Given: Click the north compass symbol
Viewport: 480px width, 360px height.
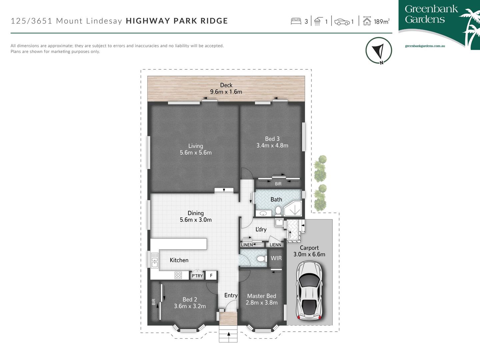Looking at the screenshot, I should click(379, 51).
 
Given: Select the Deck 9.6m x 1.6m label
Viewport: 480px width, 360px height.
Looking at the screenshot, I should click(226, 89).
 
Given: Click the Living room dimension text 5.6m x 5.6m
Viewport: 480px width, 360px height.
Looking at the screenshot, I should click(196, 153).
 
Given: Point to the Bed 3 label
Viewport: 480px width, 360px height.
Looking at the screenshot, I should click(272, 139).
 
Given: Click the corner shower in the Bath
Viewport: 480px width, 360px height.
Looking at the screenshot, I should click(293, 209).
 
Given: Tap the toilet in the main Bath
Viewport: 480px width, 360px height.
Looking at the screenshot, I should click(278, 211).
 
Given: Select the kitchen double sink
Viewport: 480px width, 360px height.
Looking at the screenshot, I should click(155, 260).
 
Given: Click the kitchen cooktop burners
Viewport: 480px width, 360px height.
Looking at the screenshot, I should click(178, 275).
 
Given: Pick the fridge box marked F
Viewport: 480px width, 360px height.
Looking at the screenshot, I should click(211, 276).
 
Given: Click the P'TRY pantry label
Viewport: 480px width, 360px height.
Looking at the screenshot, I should click(197, 276).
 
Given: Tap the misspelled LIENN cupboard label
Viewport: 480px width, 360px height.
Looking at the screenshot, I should click(275, 245).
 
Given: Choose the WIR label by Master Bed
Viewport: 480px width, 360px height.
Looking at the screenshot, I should click(276, 258).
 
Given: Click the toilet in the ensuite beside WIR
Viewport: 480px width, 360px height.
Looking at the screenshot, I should click(261, 259).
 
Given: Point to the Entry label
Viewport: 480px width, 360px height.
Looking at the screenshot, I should click(231, 295).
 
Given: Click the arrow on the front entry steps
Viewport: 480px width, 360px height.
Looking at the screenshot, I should click(228, 334).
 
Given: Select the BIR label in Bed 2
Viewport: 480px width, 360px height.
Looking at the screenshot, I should click(154, 302).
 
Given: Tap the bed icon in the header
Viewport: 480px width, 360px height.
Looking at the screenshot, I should click(296, 22).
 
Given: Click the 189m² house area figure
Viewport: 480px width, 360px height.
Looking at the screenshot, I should click(381, 22).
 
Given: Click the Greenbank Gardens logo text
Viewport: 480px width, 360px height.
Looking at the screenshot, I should click(431, 14).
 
